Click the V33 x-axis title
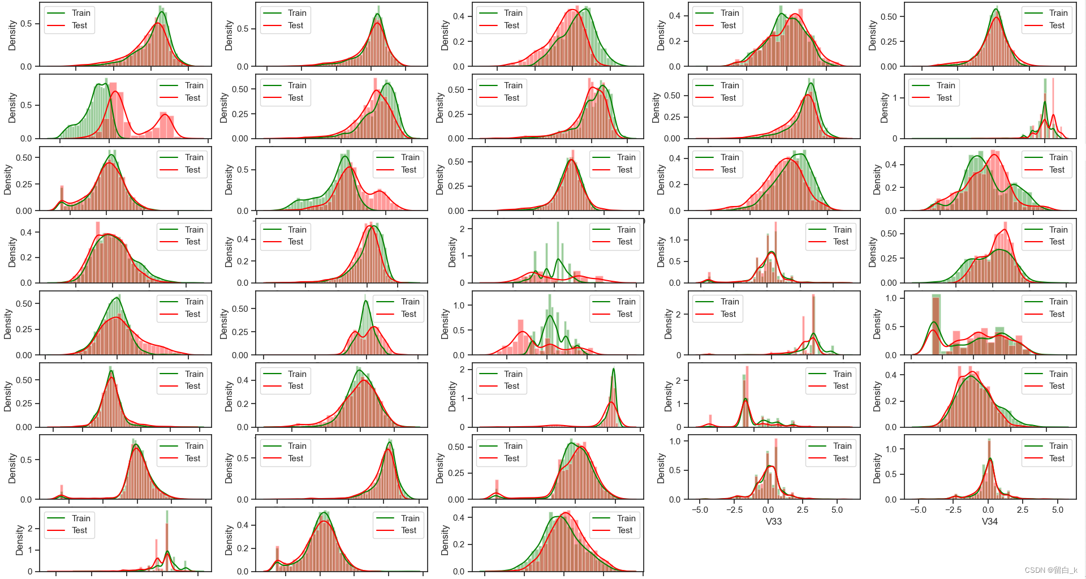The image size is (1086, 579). point(773,521)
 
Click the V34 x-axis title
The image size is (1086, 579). point(989,521)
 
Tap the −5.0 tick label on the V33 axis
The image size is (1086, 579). point(699,509)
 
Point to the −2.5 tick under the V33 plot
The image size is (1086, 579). point(734,509)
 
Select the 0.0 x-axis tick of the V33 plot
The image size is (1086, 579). point(768,509)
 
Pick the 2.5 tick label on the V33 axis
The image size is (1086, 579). point(803,509)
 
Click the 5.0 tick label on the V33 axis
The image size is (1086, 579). point(837,509)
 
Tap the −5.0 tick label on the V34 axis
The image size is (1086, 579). point(918,509)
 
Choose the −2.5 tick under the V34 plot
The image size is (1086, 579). point(953,509)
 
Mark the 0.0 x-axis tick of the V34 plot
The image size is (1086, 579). point(988,509)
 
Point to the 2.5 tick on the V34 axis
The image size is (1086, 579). point(1023,509)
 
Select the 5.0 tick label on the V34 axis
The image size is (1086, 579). point(1058,509)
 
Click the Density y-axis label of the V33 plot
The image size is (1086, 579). point(661,468)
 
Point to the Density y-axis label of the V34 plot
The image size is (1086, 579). point(877,468)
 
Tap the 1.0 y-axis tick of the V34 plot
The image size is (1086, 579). point(891,449)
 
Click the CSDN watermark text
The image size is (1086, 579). point(1051,570)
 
